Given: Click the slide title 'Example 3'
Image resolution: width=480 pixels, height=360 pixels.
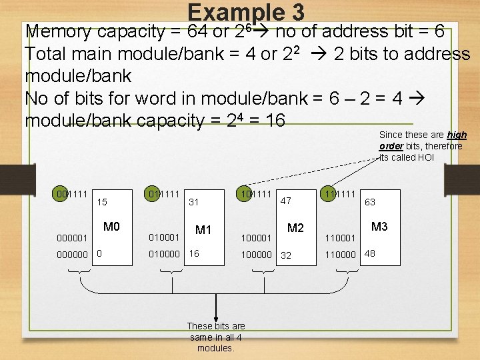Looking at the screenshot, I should pyautogui.click(x=246, y=11).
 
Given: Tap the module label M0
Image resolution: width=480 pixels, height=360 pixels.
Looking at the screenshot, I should pyautogui.click(x=111, y=227).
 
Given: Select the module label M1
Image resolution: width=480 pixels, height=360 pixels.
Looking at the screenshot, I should pyautogui.click(x=203, y=230).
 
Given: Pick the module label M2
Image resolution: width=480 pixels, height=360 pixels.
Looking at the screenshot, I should pyautogui.click(x=295, y=228).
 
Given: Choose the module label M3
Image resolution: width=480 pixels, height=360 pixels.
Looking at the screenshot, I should pyautogui.click(x=379, y=227).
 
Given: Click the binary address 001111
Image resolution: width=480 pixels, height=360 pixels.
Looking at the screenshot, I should pyautogui.click(x=71, y=194).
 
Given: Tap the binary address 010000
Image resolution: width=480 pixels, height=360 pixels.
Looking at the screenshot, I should pyautogui.click(x=163, y=254).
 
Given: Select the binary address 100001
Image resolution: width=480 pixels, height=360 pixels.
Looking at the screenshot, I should pyautogui.click(x=256, y=237).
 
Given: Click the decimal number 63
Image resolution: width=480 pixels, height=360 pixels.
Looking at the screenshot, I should pyautogui.click(x=369, y=201).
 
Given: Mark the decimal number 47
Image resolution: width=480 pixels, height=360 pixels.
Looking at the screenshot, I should pyautogui.click(x=285, y=200).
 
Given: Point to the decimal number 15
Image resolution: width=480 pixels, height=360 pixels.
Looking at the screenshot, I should pyautogui.click(x=103, y=201).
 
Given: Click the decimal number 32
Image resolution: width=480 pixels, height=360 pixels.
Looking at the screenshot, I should pyautogui.click(x=286, y=255).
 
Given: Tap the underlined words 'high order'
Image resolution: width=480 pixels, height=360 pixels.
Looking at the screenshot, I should pyautogui.click(x=423, y=140).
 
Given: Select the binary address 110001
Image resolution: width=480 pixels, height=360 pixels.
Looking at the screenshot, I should pyautogui.click(x=340, y=237).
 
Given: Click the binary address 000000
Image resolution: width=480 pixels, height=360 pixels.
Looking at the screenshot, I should pyautogui.click(x=71, y=254).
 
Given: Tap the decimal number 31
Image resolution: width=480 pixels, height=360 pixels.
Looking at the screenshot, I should pyautogui.click(x=194, y=201).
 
